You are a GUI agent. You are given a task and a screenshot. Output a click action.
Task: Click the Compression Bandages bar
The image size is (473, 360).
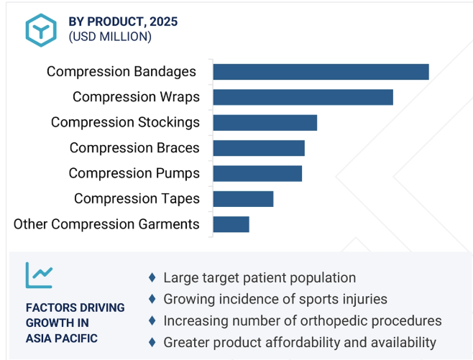(x=321, y=72)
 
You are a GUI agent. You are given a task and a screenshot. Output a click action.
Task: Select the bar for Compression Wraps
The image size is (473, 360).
(x=303, y=97)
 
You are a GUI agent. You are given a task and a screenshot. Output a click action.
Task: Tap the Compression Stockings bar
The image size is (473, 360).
(x=265, y=123)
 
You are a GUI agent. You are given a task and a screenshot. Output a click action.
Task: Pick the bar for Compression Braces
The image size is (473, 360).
(x=259, y=148)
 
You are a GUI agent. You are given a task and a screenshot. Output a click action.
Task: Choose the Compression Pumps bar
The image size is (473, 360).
(x=257, y=173)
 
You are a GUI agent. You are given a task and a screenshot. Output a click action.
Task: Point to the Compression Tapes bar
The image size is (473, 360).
(x=243, y=199)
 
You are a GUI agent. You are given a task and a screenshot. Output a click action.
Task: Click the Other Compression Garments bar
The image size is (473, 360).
(x=231, y=224)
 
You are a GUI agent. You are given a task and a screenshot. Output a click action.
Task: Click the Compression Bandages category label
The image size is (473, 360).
(x=121, y=72)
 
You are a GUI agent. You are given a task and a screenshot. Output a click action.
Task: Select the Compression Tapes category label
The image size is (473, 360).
(x=137, y=199)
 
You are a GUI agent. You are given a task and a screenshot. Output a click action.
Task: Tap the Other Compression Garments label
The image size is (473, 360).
(x=106, y=224)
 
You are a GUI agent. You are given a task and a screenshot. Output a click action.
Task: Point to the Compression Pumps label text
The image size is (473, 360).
(x=134, y=173)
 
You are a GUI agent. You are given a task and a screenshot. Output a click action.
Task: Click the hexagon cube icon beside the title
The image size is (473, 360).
(x=41, y=30)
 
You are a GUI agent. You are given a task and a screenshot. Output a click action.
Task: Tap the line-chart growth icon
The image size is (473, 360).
(x=40, y=275)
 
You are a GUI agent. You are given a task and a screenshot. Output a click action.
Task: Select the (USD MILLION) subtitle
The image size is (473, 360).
(x=110, y=37)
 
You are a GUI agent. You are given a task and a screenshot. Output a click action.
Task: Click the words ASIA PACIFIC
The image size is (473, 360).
(x=62, y=338)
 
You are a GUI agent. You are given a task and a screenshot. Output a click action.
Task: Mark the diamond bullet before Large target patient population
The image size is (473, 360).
(x=152, y=277)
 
